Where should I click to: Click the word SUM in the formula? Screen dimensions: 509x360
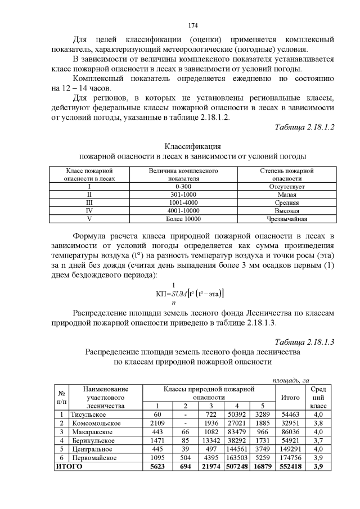[x=182, y=293]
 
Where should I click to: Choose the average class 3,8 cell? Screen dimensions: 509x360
[x=317, y=423]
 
